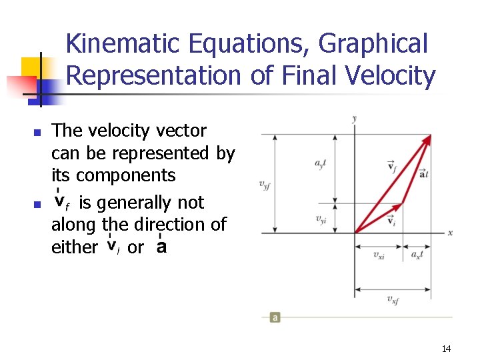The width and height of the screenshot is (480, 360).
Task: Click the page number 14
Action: pyautogui.click(x=446, y=349)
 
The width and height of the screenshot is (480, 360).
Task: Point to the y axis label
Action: pyautogui.click(x=355, y=119)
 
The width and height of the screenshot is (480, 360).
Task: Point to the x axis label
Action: pyautogui.click(x=450, y=233)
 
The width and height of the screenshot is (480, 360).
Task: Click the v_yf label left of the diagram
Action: pyautogui.click(x=265, y=184)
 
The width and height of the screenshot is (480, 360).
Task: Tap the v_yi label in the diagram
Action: pyautogui.click(x=321, y=219)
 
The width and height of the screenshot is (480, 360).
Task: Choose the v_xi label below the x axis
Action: pyautogui.click(x=379, y=255)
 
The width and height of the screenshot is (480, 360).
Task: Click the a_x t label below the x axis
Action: pyautogui.click(x=417, y=255)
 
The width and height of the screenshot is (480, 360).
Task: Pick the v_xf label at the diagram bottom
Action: pyautogui.click(x=393, y=299)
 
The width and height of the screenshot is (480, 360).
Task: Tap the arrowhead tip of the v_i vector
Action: pyautogui.click(x=403, y=203)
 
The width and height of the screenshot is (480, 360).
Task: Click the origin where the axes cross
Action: pyautogui.click(x=355, y=233)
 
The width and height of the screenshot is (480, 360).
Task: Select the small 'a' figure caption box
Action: pyautogui.click(x=275, y=317)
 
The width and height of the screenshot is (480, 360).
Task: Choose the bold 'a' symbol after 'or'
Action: pyautogui.click(x=160, y=247)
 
